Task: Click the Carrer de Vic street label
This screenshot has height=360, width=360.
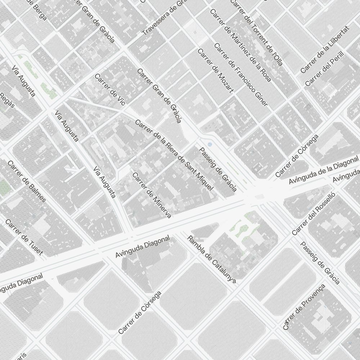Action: click(110, 90)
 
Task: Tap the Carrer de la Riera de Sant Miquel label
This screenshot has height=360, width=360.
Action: click(174, 155)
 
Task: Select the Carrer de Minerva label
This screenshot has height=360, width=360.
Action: click(152, 195)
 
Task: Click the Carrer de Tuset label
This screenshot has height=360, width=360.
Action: click(24, 237)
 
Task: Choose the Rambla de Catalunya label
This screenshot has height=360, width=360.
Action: click(212, 259)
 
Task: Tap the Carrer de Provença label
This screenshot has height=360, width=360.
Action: click(304, 307)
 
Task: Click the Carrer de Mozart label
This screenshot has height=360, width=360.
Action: click(216, 71)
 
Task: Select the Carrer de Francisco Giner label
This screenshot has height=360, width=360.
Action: click(241, 75)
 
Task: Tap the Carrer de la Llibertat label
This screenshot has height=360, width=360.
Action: click(325, 49)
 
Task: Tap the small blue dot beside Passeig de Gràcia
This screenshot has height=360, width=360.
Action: click(210, 144)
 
